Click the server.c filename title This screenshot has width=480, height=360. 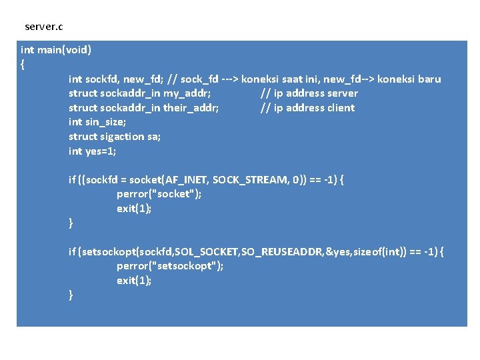tap(44, 27)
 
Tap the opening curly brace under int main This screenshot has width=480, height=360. tap(23, 65)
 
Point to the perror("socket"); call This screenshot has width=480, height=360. tap(159, 195)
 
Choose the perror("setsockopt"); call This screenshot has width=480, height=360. tap(170, 266)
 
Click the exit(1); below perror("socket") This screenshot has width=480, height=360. tap(134, 209)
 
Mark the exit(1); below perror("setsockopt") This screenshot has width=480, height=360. tap(134, 281)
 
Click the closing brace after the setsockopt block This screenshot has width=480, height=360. tap(71, 295)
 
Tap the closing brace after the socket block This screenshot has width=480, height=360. tap(71, 223)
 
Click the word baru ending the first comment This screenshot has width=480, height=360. tap(428, 79)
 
